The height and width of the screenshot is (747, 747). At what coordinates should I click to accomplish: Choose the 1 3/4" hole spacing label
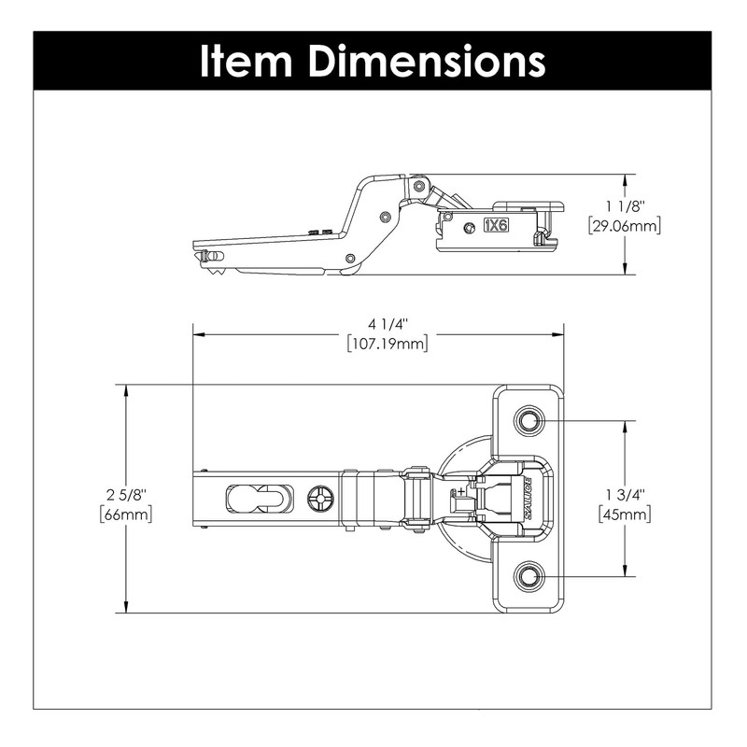tap(625, 494)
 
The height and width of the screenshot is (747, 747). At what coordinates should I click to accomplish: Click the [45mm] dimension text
tap(625, 514)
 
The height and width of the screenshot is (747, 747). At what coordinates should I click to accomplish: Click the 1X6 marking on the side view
tap(496, 225)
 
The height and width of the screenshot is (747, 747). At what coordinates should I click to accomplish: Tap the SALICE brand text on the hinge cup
tap(528, 499)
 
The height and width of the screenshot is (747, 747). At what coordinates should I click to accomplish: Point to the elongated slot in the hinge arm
tap(252, 499)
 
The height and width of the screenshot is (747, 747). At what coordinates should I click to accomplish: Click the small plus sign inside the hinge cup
tap(461, 490)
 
